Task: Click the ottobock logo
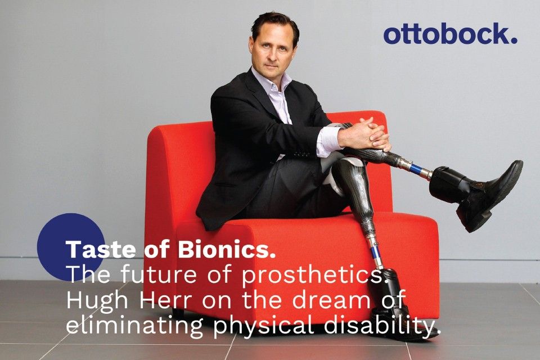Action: point(450,34)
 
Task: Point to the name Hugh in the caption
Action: point(96,301)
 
